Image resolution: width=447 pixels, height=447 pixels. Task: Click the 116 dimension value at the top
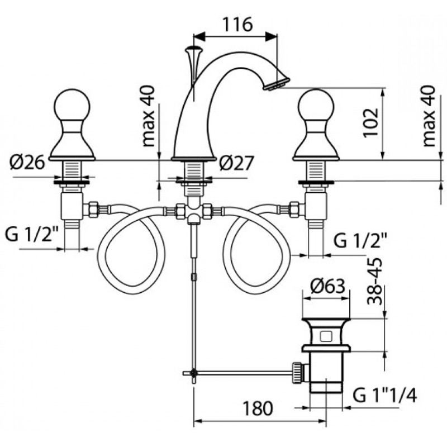(237, 24)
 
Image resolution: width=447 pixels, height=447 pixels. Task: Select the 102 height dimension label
(371, 122)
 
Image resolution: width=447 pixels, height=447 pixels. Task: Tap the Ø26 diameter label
(27, 163)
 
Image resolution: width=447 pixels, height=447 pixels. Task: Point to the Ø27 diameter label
(236, 163)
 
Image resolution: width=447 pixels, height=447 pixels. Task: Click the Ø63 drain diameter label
(328, 286)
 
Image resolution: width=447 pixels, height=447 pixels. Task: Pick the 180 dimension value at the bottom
(258, 408)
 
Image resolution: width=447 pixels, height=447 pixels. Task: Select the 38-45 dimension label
(374, 281)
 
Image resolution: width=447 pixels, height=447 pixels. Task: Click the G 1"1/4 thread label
(384, 396)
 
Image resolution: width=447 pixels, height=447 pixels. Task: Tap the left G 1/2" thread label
(32, 234)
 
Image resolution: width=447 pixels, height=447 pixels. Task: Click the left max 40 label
(148, 116)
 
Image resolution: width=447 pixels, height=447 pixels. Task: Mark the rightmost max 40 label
(429, 116)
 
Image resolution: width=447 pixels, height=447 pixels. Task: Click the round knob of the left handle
(72, 105)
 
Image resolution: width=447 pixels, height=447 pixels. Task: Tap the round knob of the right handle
(316, 105)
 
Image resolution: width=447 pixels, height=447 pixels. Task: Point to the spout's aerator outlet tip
(276, 84)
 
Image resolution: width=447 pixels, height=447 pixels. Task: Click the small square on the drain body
(326, 336)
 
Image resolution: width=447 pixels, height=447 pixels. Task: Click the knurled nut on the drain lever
(297, 373)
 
